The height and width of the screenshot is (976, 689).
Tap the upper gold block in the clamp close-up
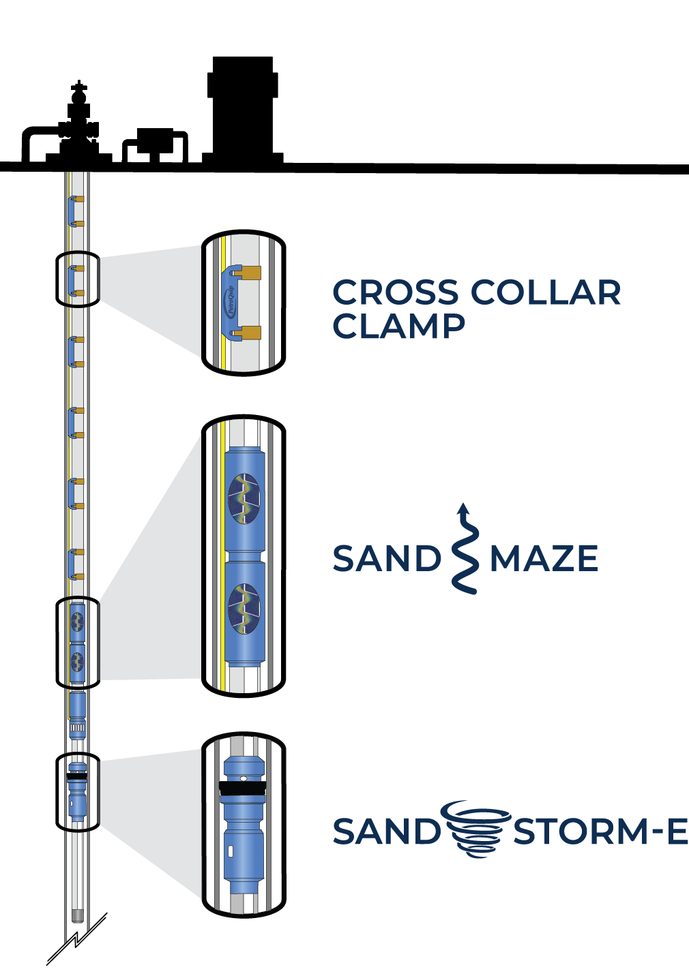tap(250, 273)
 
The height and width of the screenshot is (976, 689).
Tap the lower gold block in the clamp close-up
tap(250, 333)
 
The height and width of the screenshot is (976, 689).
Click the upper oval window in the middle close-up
tap(244, 498)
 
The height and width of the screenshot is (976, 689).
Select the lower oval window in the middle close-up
tap(244, 608)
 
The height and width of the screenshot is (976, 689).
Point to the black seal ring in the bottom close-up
tap(242, 789)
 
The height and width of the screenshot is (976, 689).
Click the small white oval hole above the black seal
tap(244, 778)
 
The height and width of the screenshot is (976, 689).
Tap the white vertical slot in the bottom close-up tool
tap(231, 851)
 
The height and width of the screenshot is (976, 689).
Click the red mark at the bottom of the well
tap(84, 927)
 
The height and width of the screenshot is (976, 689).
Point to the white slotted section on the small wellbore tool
tap(77, 728)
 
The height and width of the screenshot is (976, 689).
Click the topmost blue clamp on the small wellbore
tap(72, 211)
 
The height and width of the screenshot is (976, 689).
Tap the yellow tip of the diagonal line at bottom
tap(106, 915)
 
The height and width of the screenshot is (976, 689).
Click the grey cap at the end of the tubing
tap(77, 915)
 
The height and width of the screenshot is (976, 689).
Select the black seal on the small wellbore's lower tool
tap(77, 776)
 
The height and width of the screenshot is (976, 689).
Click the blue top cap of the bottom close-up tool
tap(244, 763)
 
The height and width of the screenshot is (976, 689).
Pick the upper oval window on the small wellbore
tap(77, 621)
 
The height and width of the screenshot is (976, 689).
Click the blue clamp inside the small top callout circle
tap(72, 280)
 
